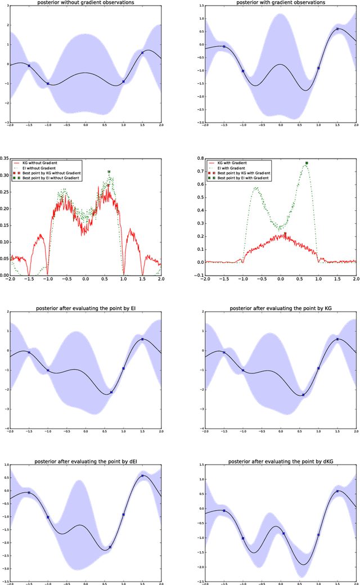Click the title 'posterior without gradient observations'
85,3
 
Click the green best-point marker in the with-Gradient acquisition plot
307,163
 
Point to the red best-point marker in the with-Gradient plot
285,233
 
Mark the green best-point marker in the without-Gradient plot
109,172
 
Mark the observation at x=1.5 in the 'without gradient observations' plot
142,53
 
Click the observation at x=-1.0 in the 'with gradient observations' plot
243,71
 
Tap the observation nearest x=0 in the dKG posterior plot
283,533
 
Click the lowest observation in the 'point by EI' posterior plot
111,392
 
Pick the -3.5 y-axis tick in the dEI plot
4,583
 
